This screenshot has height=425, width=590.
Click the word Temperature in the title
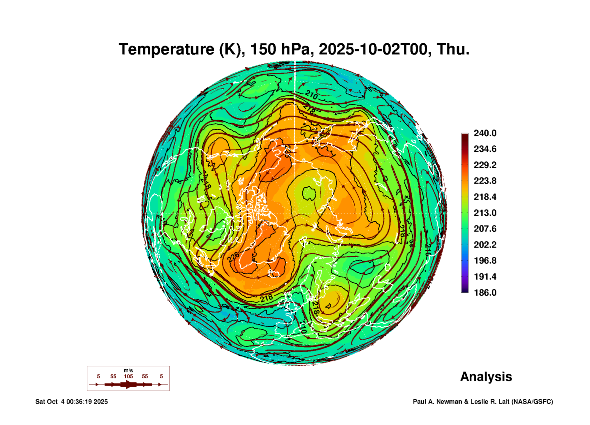click(x=167, y=50)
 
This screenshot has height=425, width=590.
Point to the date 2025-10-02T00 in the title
click(x=373, y=50)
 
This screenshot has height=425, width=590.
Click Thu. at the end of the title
click(x=453, y=50)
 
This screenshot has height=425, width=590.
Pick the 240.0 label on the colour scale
click(x=485, y=133)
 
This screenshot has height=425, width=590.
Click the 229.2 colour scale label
click(x=485, y=165)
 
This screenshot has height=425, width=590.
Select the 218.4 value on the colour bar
click(x=485, y=197)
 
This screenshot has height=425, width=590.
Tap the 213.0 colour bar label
click(x=485, y=213)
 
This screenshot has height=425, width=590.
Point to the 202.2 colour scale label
click(x=485, y=245)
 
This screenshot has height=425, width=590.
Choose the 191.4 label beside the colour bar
click(x=485, y=277)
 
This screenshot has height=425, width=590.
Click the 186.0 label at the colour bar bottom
click(x=485, y=293)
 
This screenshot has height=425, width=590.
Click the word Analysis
click(x=486, y=377)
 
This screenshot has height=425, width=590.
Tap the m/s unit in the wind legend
click(x=128, y=370)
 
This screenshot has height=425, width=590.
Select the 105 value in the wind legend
click(x=128, y=376)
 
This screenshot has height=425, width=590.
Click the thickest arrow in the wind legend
click(x=128, y=384)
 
